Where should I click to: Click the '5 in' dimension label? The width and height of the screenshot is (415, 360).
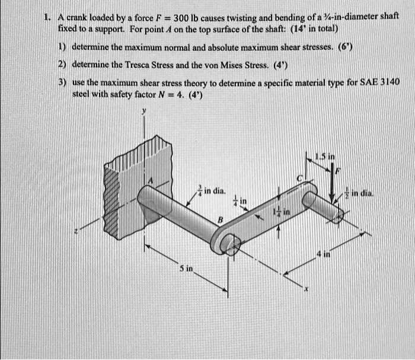(186, 268)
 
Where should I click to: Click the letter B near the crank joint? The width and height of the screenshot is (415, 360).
(220, 220)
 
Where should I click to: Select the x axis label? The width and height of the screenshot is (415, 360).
(307, 289)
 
